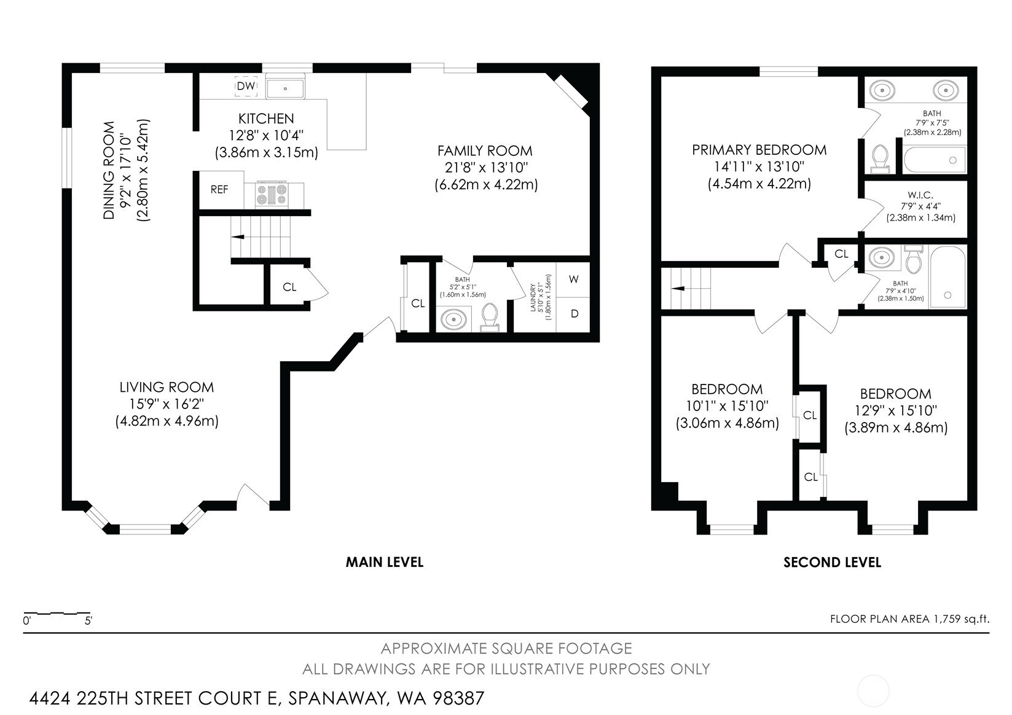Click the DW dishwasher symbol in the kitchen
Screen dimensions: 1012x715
click(x=246, y=86)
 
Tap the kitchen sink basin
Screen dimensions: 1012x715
click(x=285, y=88)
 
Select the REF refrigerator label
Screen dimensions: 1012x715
click(x=219, y=190)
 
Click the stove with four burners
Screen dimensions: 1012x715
click(x=272, y=195)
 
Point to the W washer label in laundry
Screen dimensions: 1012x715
click(x=574, y=279)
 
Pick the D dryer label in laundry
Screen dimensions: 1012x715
click(x=575, y=313)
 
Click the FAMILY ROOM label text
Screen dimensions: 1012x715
click(x=485, y=150)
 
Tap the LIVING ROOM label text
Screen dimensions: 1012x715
click(x=167, y=387)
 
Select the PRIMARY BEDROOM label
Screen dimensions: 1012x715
click(x=759, y=149)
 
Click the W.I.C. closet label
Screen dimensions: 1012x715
click(x=920, y=195)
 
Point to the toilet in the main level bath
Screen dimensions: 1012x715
click(x=489, y=316)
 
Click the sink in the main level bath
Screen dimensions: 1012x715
click(x=453, y=319)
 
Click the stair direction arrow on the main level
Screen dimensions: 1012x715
click(x=238, y=236)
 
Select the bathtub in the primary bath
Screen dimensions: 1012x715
click(x=935, y=160)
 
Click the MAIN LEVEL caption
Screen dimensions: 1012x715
click(x=385, y=562)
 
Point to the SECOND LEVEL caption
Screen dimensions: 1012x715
click(x=832, y=562)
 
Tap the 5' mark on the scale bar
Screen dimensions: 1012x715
click(x=88, y=621)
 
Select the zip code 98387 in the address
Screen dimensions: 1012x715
click(x=458, y=698)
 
